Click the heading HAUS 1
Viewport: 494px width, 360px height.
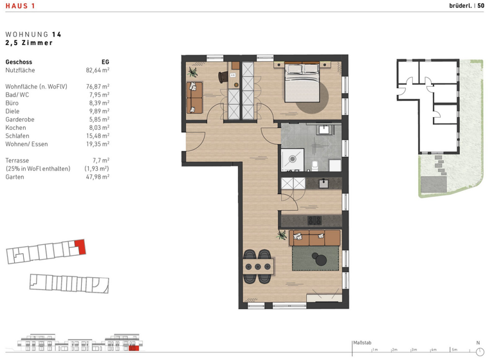(x=20, y=6)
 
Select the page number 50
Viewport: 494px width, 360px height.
(x=480, y=6)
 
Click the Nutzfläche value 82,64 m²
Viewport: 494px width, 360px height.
(x=98, y=70)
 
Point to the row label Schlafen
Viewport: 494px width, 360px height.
(x=17, y=136)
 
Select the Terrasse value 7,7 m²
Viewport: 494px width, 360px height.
(x=100, y=160)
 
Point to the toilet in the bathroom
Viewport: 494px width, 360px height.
(x=315, y=166)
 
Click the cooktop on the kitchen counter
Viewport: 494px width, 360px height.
(x=315, y=221)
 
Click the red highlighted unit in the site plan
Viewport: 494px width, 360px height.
(x=80, y=246)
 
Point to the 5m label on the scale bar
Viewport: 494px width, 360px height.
(x=454, y=350)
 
